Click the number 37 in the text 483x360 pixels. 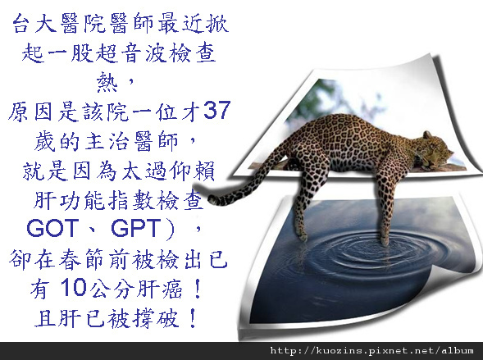(216, 110)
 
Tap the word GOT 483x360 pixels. (51, 228)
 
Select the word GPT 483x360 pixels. (136, 228)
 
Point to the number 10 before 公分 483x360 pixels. (73, 287)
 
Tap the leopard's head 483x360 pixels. (435, 149)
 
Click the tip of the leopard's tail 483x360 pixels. (212, 199)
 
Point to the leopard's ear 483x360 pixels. (427, 134)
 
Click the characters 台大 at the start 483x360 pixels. (34, 24)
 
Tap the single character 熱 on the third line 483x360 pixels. (107, 82)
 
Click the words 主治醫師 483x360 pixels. (131, 141)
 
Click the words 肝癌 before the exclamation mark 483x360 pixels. (159, 289)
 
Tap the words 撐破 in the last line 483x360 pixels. (156, 318)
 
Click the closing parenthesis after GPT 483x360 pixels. (170, 229)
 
